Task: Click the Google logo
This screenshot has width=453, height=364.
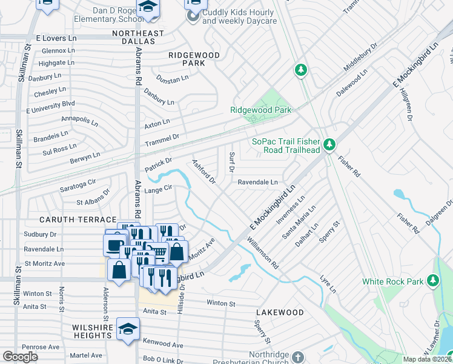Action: coord(20,357)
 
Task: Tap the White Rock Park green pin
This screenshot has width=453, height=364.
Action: coord(432,280)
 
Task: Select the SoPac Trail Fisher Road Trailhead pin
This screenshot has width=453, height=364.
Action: coord(329,144)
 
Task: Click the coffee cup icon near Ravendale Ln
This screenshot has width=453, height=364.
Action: coord(113,246)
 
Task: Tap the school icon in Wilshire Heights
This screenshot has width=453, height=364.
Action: coord(128,330)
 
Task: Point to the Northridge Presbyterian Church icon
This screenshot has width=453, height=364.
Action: coord(297,356)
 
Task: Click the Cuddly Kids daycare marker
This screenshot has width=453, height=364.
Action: coord(193,16)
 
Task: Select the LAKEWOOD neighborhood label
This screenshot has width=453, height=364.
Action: coord(279,312)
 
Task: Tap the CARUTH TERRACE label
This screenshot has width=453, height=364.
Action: coord(78,219)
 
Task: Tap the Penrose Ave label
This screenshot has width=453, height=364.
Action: coord(42,347)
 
